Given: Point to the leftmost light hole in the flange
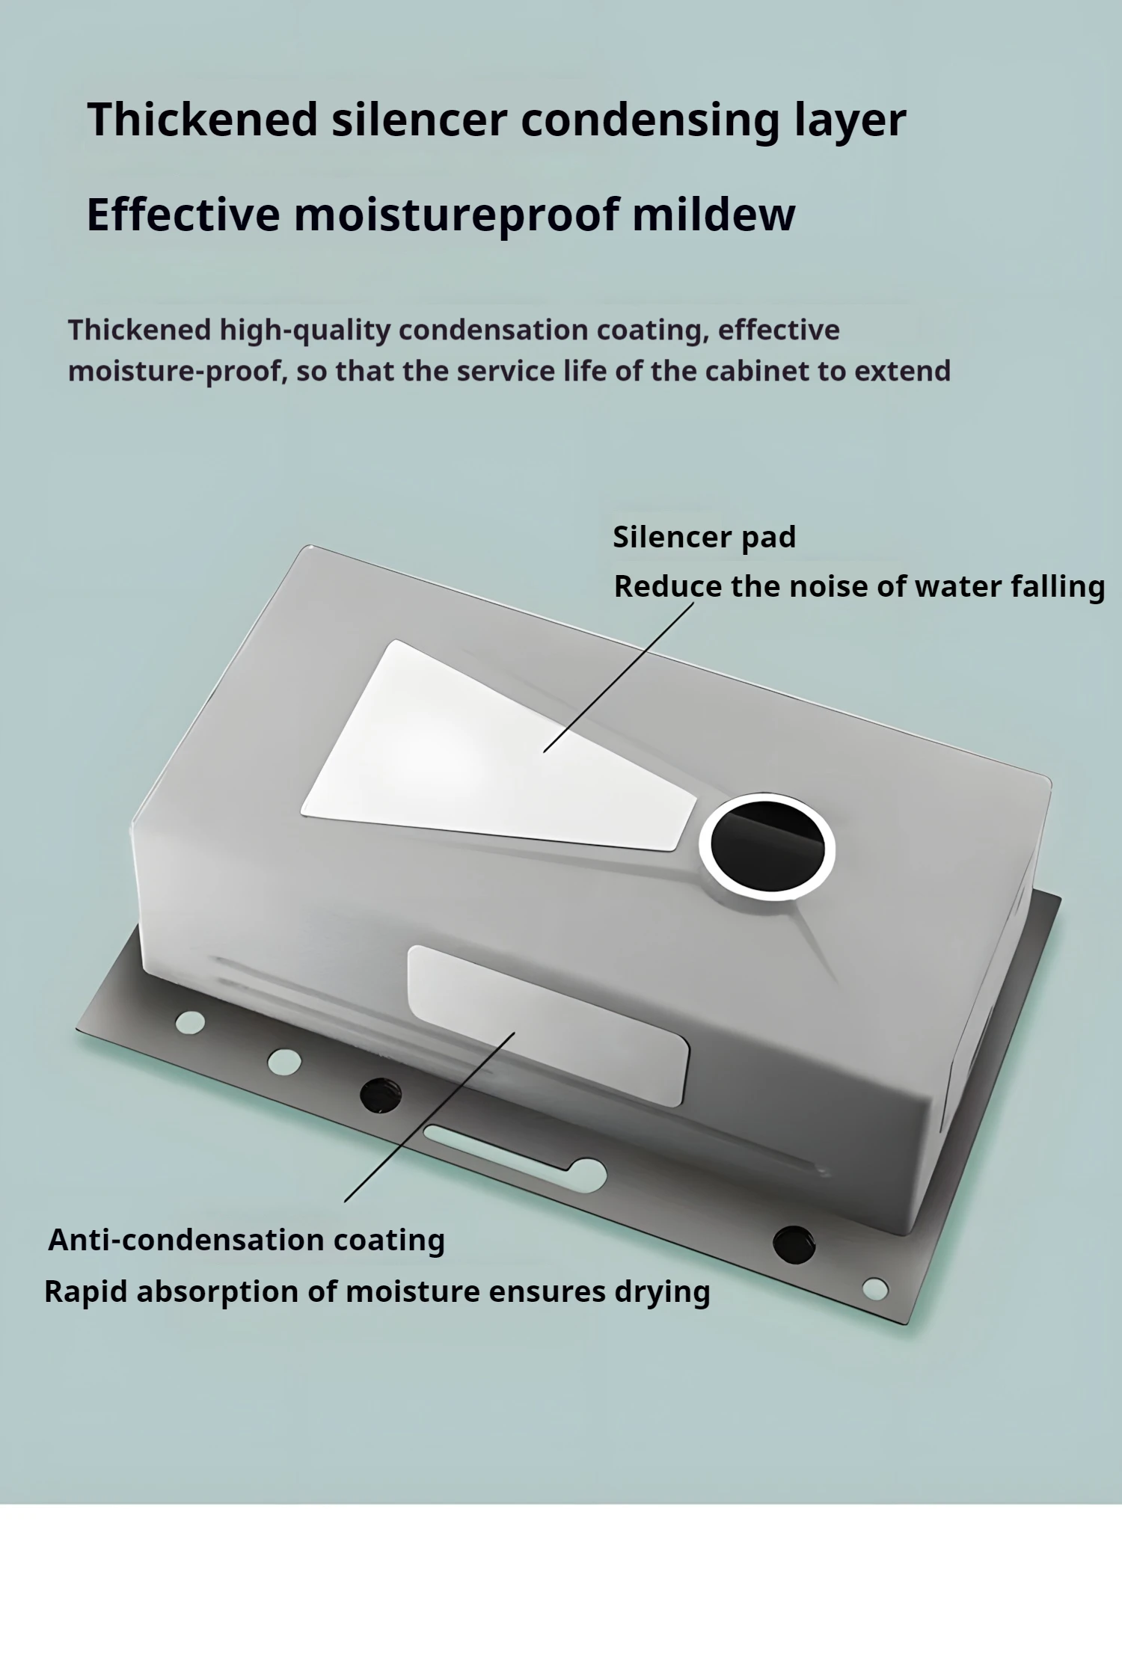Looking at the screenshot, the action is point(190,1022).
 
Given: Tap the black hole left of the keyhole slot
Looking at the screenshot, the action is point(380,1095).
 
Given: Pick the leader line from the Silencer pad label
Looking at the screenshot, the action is point(619,677).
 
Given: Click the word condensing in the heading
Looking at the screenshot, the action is point(649,120).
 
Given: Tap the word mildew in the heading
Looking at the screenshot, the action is point(713,215).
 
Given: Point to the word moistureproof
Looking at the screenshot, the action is point(456,215).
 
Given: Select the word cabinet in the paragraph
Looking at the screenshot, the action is point(757,371).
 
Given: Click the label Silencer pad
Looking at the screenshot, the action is point(704,537).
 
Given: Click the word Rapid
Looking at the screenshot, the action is point(86,1292).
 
